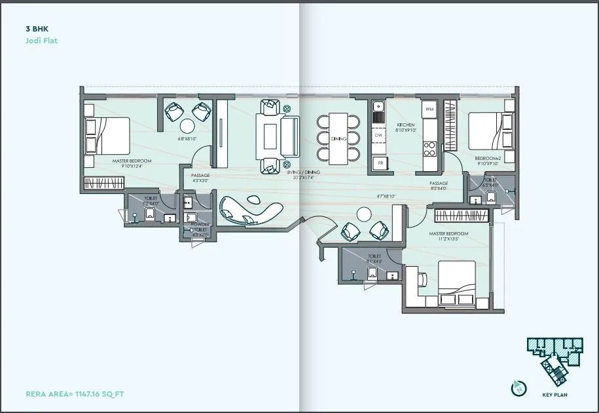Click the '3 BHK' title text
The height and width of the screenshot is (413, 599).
tap(37, 29)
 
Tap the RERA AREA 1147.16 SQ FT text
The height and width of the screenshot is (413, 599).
tap(75, 395)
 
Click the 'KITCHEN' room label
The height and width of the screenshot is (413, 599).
tap(406, 125)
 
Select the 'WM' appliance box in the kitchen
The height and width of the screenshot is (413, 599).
tap(430, 108)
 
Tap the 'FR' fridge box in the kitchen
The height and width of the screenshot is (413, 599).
tap(378, 163)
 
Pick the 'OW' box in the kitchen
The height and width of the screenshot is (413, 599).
tap(378, 136)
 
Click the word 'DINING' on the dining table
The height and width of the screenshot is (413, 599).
tap(338, 139)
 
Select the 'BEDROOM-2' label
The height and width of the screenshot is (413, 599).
tap(487, 158)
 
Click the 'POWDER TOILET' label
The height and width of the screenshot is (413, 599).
tap(200, 227)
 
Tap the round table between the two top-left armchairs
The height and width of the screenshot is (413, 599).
tap(187, 126)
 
